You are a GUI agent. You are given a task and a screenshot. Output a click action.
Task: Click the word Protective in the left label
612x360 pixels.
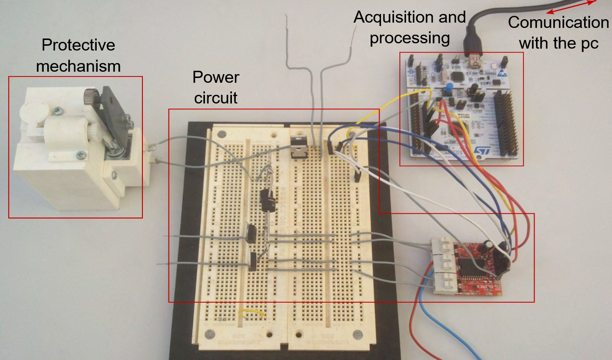(x=78, y=45)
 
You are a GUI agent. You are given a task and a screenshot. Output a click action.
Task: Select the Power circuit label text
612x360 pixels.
(x=216, y=88)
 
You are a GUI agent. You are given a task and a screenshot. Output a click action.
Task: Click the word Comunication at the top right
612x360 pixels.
(x=558, y=23)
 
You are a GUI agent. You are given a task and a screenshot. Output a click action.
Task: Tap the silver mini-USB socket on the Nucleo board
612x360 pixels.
(x=474, y=63)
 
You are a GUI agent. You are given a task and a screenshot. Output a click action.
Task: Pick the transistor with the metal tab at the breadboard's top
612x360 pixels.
(x=299, y=146)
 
